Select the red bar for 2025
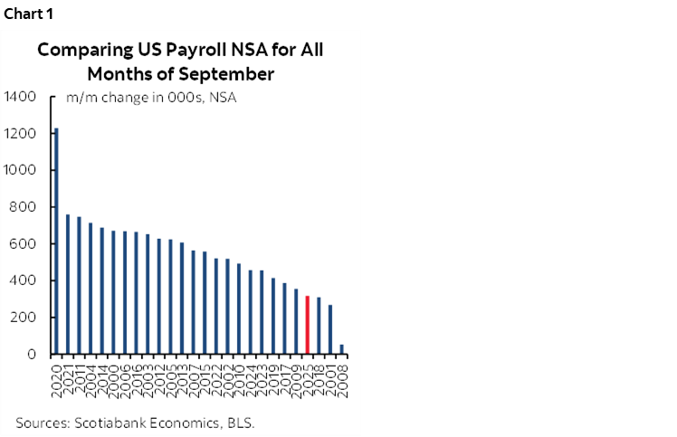coord(308,325)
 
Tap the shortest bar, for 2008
coord(341,349)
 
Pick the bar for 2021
coord(68,284)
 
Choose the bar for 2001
coord(330,329)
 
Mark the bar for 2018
coord(319,326)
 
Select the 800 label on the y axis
coord(24,207)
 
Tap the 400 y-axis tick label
coord(24,281)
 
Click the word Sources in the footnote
coord(41,423)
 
